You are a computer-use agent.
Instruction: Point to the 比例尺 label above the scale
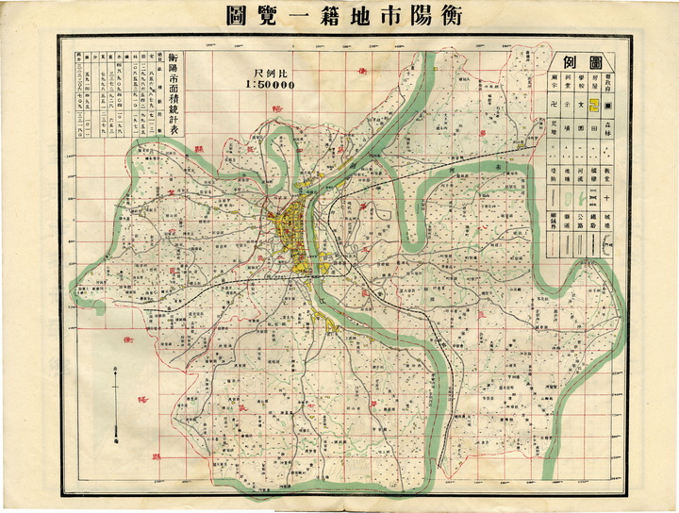point(269,72)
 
